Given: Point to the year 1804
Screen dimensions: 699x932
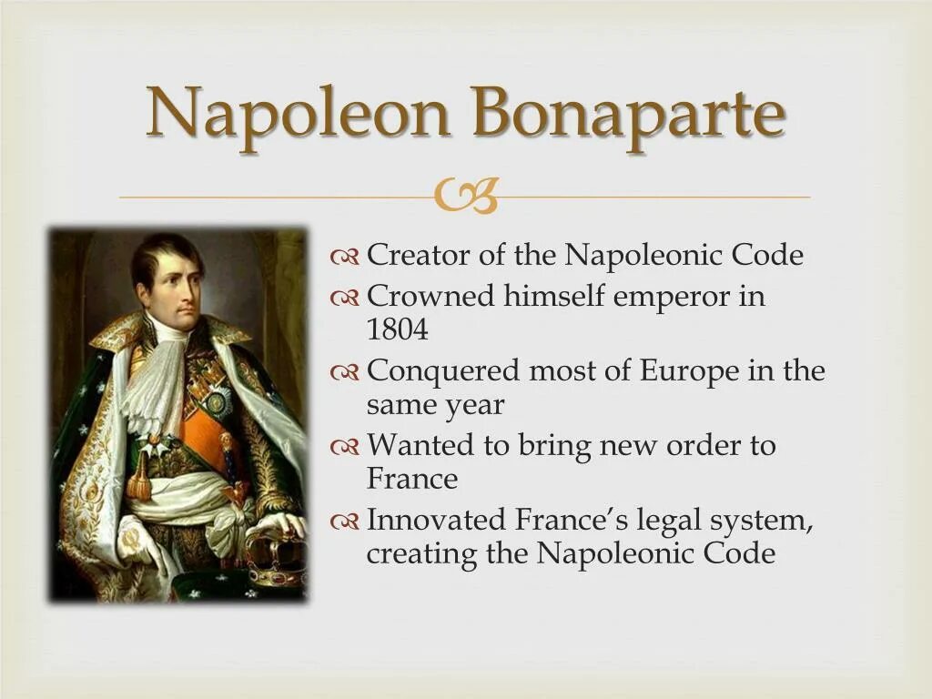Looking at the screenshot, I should (x=397, y=330).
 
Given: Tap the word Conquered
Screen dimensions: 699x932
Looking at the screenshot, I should (x=441, y=371).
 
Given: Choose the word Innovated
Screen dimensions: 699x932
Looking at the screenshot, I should (x=435, y=521).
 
